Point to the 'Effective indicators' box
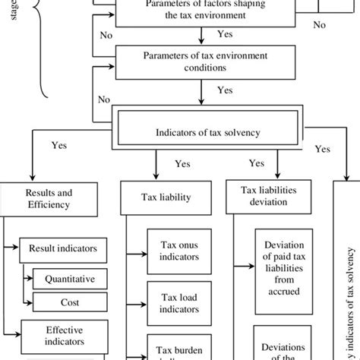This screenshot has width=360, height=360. tap(62, 336)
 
